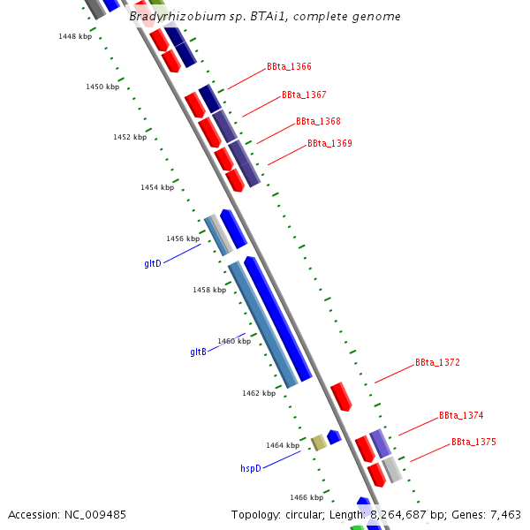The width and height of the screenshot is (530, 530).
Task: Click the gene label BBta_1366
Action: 289,67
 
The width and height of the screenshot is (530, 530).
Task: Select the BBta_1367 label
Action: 304,95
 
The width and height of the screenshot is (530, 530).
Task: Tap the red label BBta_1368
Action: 318,121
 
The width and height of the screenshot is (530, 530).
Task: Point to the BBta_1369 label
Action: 329,143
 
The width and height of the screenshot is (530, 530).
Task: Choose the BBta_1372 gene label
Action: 437,363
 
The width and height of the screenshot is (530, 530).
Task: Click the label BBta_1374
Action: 461,415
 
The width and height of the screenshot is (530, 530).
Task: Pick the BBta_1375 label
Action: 473,442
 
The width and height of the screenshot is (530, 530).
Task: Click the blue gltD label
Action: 153,264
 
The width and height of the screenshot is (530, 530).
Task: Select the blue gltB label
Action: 198,352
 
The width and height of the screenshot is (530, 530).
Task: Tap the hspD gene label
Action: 251,468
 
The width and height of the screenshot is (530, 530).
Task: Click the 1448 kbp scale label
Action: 75,36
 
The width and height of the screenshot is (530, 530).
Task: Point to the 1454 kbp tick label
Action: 157,188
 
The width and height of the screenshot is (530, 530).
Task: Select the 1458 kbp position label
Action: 209,290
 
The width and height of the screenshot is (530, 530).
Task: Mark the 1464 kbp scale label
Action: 283,445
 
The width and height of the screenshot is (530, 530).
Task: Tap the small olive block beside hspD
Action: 319,443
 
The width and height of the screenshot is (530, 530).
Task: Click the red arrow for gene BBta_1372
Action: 341,397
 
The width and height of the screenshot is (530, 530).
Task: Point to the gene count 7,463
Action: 503,514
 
